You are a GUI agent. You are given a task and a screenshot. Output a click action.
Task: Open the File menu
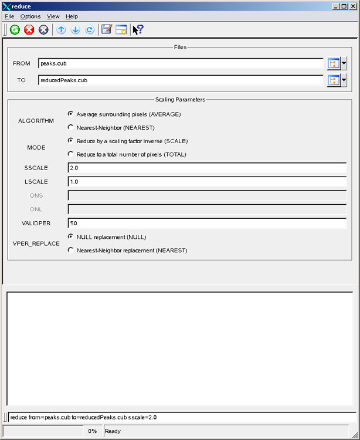coord(9,16)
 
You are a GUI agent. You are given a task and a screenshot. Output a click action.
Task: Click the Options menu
coord(30,16)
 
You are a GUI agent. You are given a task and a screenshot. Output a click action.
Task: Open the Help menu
coord(72,16)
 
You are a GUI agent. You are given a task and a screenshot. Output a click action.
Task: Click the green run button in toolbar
coord(15,30)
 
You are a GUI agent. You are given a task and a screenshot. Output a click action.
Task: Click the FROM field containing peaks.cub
coord(181,63)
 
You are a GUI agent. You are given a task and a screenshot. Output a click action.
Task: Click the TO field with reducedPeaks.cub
coord(181,80)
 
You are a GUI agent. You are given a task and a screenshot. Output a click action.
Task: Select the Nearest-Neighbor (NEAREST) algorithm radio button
coord(71,127)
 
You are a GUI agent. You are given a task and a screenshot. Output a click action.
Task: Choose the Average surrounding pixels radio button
coord(71,114)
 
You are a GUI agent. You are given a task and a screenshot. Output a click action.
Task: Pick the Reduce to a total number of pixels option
coord(71,154)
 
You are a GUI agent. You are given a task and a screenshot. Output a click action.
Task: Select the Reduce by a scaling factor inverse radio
coord(71,141)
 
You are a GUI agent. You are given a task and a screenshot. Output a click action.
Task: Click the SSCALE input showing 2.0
coord(207,168)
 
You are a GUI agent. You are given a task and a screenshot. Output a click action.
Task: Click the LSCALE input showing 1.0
coord(207,182)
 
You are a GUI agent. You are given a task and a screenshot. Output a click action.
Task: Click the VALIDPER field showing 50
coord(207,223)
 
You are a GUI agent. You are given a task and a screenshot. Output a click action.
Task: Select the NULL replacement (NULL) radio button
coord(71,236)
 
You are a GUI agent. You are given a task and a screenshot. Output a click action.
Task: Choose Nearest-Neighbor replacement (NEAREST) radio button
coord(71,250)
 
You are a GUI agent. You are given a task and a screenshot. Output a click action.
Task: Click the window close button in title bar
coord(352,6)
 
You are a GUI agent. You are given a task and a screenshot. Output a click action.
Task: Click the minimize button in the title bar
coord(335,6)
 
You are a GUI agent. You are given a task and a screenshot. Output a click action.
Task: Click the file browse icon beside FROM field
coord(334,63)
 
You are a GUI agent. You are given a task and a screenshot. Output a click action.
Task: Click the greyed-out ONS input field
coord(207,195)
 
